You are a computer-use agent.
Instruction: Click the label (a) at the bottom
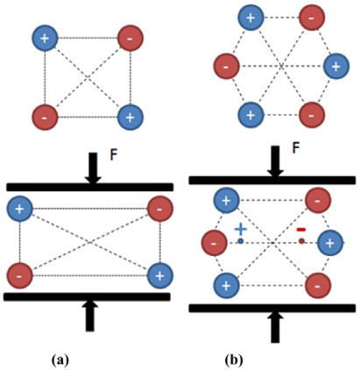click(60, 359)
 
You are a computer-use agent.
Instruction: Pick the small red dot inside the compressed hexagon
click(301, 241)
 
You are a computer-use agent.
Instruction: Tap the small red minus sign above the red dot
click(300, 230)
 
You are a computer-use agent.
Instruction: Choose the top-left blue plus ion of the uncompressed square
click(45, 38)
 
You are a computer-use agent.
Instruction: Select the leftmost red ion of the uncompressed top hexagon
click(226, 66)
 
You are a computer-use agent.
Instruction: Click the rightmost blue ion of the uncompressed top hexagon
click(335, 66)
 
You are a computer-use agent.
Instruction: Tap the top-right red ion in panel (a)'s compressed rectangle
click(159, 209)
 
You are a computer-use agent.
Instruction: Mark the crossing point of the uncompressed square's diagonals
click(87, 77)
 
